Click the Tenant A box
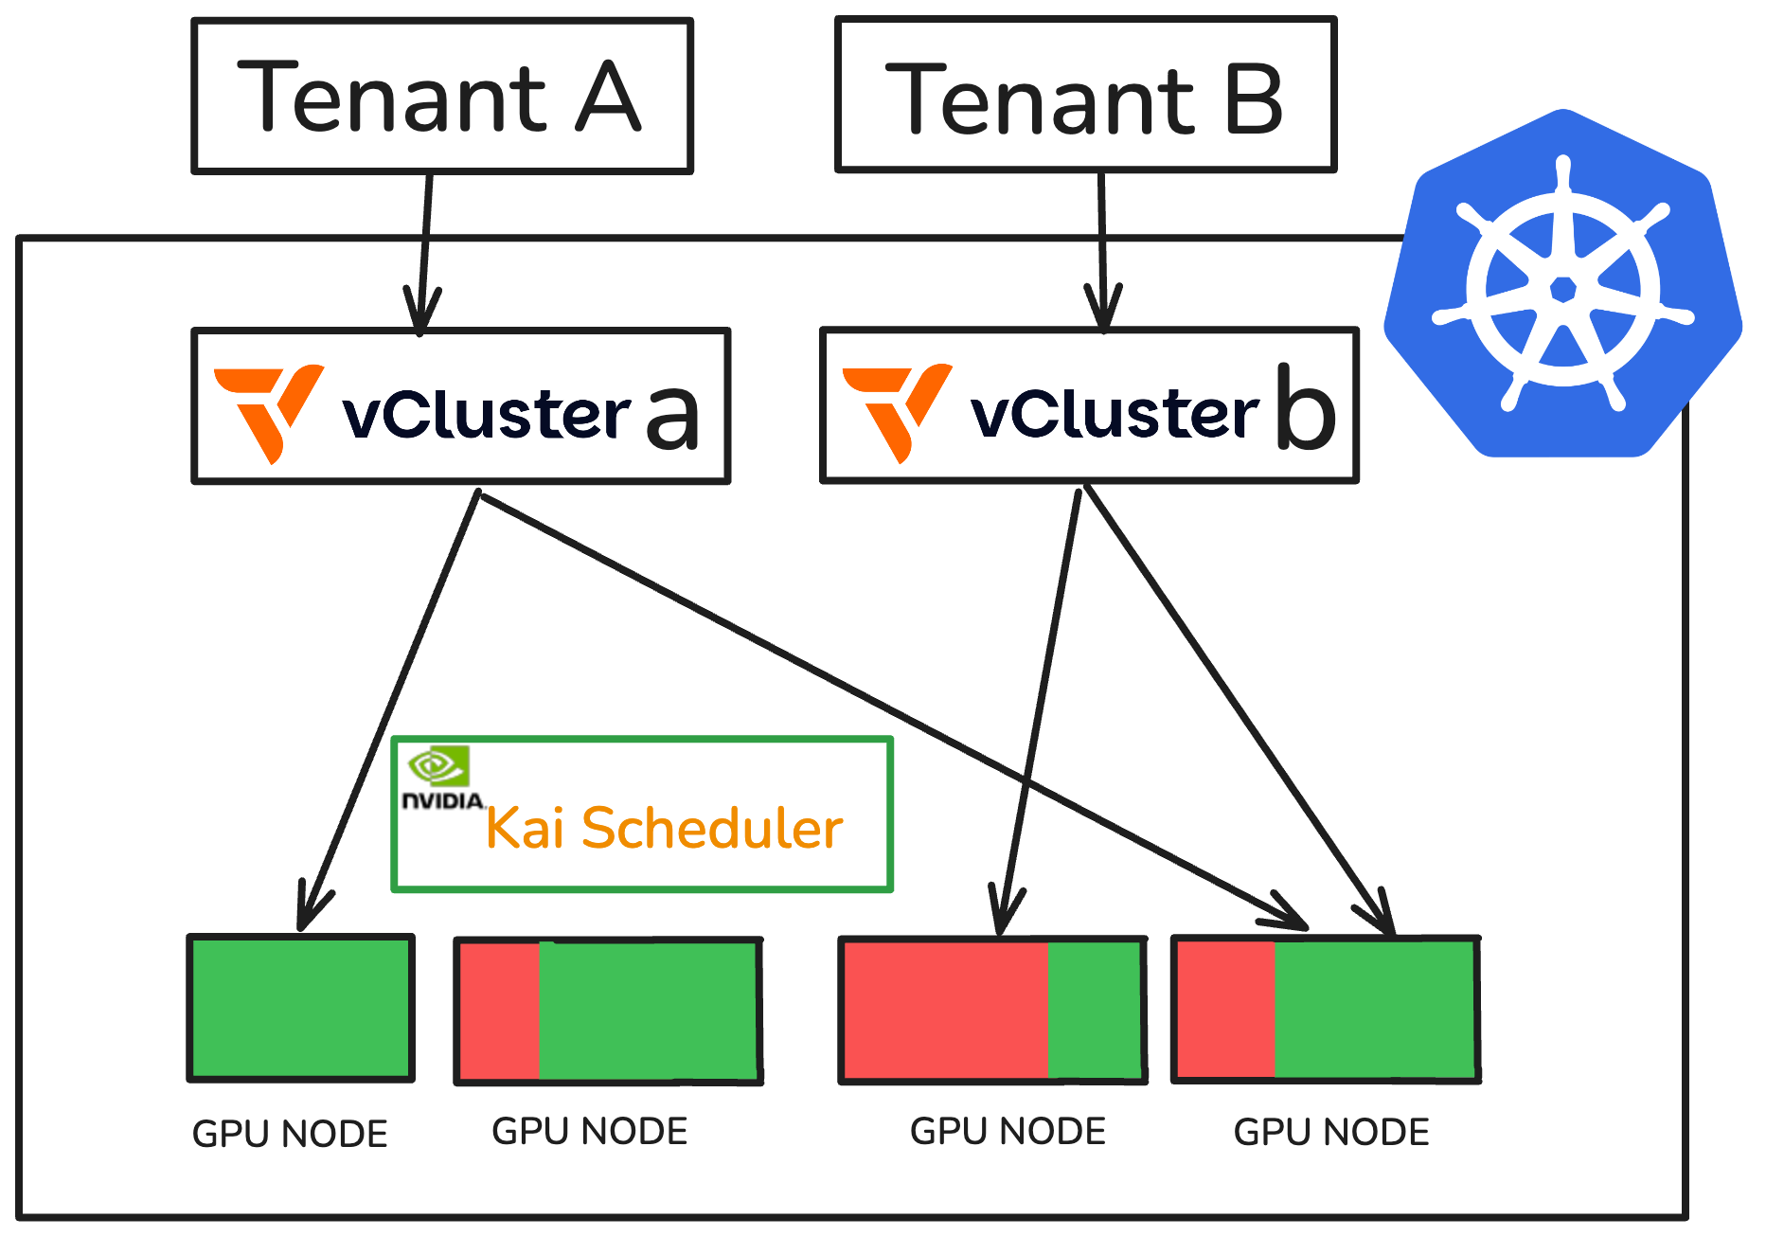[x=442, y=96]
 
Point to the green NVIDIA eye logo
[x=437, y=765]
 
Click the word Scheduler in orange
[x=711, y=829]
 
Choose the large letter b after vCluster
[x=1306, y=407]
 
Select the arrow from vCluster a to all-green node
[x=388, y=710]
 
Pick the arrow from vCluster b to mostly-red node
[x=1040, y=710]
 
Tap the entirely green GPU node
[x=301, y=1008]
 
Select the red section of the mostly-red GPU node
[x=945, y=1010]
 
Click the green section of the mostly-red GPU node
[x=1096, y=1010]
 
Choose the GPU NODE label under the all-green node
[x=290, y=1134]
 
